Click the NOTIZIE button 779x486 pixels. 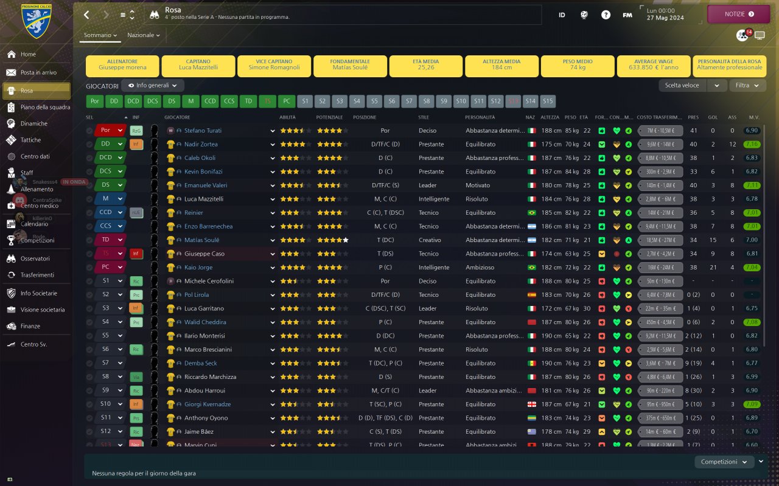[738, 13]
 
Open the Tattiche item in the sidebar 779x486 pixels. [30, 140]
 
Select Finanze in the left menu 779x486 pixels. [30, 326]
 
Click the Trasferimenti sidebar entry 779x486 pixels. [37, 275]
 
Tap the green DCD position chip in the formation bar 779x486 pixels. [133, 101]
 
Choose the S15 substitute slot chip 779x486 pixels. [548, 101]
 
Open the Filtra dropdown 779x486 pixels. [747, 86]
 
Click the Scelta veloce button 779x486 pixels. [683, 86]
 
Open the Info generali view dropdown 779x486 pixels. [153, 86]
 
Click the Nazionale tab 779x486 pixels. [144, 35]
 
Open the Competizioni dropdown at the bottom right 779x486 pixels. [723, 462]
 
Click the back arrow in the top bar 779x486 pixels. [86, 15]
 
